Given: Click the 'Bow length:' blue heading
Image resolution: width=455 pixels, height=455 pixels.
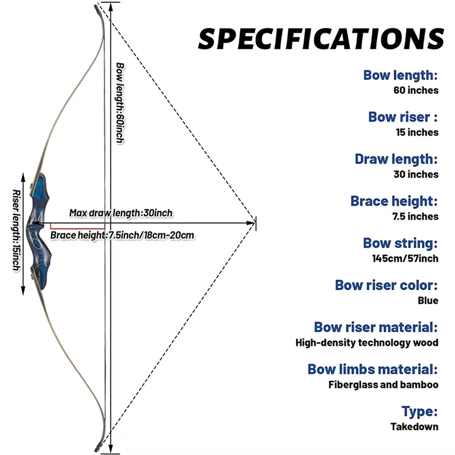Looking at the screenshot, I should coord(400,75).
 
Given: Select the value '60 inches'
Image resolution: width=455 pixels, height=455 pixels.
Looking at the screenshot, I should coord(416,90).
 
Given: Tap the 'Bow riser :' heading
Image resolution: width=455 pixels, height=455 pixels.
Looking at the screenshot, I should coord(403,117).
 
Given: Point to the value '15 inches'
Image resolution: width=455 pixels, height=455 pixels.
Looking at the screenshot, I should coord(417,132).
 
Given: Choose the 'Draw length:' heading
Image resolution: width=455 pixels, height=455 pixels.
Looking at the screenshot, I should coord(396,159).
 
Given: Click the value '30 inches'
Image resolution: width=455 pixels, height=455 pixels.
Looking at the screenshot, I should coord(416,174).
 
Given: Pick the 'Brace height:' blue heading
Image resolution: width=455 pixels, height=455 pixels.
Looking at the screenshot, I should coord(394,201).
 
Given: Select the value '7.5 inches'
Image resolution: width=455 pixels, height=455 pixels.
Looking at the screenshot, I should coord(416,216).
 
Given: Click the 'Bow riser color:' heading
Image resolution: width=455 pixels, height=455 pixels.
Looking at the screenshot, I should coord(386,286).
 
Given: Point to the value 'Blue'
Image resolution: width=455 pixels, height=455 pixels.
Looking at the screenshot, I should coord(428,300).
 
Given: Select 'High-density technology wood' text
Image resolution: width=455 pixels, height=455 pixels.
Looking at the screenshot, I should coord(367,342).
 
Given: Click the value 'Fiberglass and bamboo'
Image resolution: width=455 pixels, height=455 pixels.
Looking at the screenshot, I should coord(383,384).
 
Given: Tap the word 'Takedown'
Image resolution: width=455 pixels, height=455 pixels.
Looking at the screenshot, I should coord(414,427).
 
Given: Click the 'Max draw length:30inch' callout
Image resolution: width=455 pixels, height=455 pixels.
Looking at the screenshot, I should coord(121,213).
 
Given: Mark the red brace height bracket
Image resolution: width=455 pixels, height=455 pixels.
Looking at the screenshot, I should coord(77,230).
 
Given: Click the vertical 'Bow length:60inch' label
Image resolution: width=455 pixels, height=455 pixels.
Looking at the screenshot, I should coord(119,102).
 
